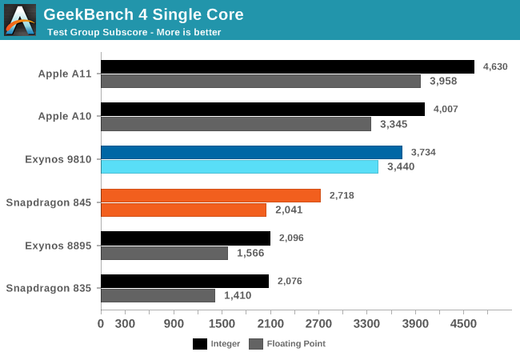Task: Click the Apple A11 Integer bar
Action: tap(287, 66)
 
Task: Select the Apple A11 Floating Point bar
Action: tap(261, 81)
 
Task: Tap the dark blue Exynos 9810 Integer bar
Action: tap(251, 152)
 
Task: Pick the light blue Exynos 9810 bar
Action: tap(239, 166)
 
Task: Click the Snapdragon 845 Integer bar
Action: tap(210, 195)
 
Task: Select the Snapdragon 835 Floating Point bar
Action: tap(158, 295)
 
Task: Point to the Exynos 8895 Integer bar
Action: tap(186, 238)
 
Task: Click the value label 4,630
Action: tap(494, 66)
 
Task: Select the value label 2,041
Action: tap(290, 210)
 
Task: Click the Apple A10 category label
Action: tap(65, 116)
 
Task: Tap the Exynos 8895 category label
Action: tap(58, 246)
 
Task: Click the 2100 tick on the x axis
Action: tap(270, 323)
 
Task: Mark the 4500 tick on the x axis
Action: tap(463, 323)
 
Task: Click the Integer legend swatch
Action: tap(201, 344)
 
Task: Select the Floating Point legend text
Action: tap(296, 344)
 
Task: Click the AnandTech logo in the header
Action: tap(20, 19)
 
